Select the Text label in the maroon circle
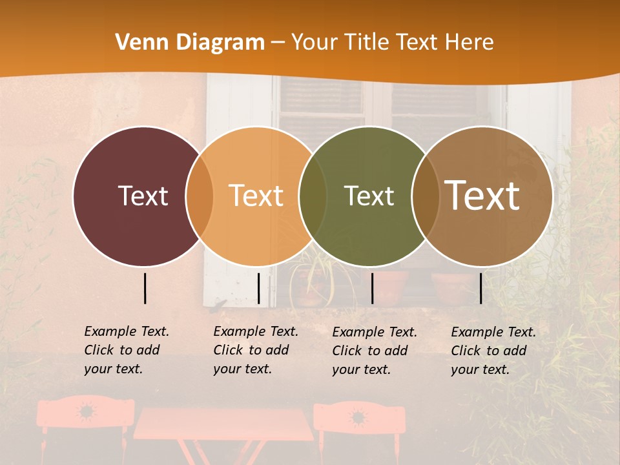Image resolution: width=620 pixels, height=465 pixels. (143, 196)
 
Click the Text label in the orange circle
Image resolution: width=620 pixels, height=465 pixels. (256, 196)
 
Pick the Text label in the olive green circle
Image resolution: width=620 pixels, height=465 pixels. (369, 196)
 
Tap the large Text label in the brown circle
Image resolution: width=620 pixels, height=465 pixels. (482, 196)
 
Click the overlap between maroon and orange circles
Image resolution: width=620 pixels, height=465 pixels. (200, 196)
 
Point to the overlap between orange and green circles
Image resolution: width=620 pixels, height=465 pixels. (313, 196)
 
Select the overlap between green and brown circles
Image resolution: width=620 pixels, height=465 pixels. (426, 196)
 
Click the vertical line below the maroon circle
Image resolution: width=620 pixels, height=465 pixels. (145, 288)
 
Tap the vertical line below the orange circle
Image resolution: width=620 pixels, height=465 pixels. (258, 288)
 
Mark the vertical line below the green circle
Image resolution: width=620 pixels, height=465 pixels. (372, 288)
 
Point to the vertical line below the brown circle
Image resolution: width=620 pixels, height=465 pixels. (480, 288)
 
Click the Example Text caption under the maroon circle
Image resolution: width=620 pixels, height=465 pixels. (126, 350)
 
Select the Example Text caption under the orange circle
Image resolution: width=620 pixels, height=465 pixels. (255, 350)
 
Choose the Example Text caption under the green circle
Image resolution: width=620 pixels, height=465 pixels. (374, 351)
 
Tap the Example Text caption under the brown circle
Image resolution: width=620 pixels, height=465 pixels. (493, 351)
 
